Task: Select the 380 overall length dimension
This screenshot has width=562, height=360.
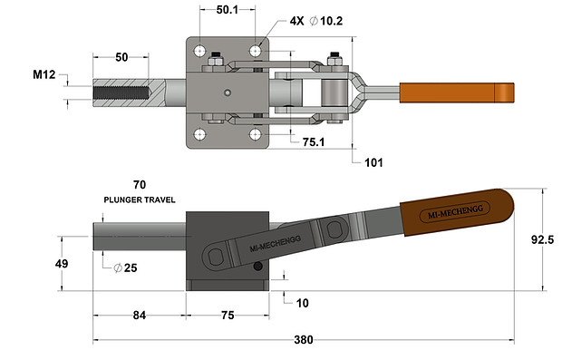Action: (303, 341)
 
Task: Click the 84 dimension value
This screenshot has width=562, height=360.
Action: (139, 315)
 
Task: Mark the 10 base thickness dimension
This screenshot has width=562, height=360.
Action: (302, 302)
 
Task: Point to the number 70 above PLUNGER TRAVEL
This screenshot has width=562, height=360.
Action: (139, 183)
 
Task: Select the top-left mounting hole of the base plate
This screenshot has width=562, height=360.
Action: (199, 50)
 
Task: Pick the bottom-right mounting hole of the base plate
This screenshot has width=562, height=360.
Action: (256, 134)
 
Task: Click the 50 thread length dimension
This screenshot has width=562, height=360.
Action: (121, 56)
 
